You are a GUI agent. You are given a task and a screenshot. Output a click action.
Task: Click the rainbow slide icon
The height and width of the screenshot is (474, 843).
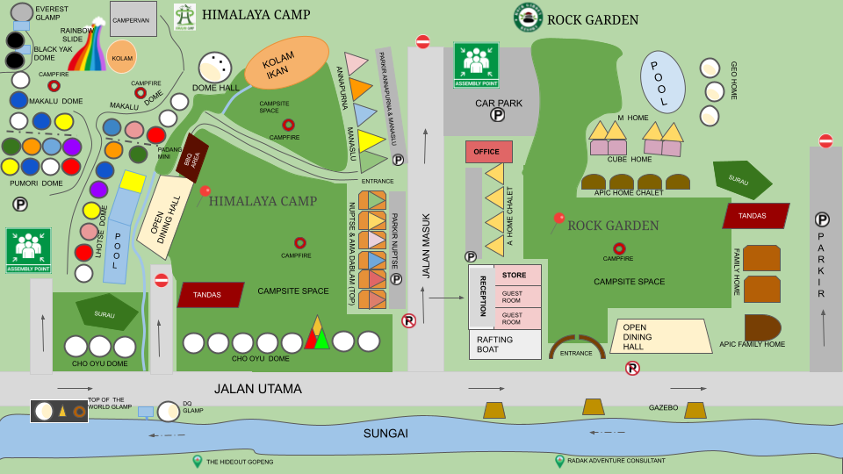point(87,53)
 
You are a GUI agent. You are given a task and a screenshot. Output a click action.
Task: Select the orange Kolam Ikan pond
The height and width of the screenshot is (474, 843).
point(286,62)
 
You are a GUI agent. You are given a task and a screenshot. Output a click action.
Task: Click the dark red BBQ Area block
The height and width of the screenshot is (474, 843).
point(191,159)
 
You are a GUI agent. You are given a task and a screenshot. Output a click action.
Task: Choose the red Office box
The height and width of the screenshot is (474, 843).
point(488,152)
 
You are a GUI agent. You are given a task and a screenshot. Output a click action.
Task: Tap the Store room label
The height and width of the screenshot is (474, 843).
point(514,276)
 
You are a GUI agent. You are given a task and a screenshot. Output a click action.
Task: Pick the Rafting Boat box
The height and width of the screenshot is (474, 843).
point(505,344)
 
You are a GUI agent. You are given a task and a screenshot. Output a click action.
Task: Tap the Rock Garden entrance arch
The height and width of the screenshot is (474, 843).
point(577,349)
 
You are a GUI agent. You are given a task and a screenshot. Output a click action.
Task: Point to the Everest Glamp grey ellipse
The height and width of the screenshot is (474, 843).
point(22,12)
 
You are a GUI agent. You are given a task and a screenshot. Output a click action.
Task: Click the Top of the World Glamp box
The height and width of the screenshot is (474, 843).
point(59,411)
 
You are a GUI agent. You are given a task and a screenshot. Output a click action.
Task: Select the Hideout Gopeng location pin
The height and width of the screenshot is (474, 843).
point(198,461)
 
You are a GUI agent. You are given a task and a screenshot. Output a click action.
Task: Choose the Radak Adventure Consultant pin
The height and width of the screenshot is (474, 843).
point(559,461)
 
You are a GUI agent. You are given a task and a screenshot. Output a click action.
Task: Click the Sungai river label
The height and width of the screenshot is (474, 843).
point(386,434)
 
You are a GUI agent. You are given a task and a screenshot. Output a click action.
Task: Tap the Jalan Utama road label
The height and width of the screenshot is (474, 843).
point(257,389)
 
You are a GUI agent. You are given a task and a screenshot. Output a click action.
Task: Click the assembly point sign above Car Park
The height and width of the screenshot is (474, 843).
point(476,65)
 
